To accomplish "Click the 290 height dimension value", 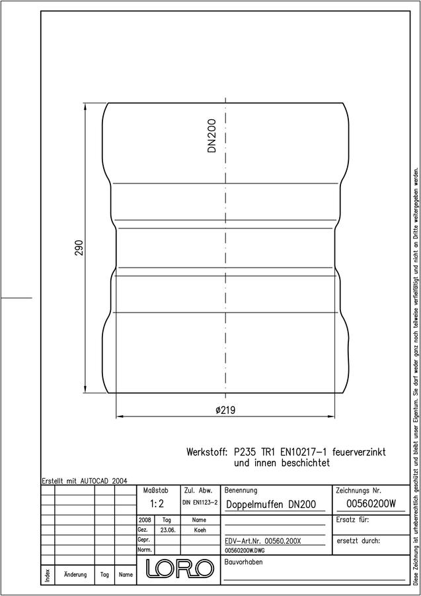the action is pyautogui.click(x=79, y=248).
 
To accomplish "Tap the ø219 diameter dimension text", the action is pyautogui.click(x=225, y=411).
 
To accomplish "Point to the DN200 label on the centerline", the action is pyautogui.click(x=211, y=136).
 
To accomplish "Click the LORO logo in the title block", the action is pyautogui.click(x=178, y=568).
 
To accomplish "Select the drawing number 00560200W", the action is pyautogui.click(x=371, y=504).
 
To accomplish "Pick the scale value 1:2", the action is pyautogui.click(x=157, y=504).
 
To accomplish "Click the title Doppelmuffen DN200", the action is pyautogui.click(x=271, y=505).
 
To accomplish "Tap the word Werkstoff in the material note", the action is pyautogui.click(x=207, y=452).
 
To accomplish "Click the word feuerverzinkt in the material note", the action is pyautogui.click(x=359, y=452).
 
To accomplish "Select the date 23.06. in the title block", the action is pyautogui.click(x=167, y=530).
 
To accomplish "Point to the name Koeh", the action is pyautogui.click(x=200, y=530).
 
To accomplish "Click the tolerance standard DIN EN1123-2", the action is pyautogui.click(x=200, y=503).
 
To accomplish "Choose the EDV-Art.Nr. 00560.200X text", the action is pyautogui.click(x=262, y=541).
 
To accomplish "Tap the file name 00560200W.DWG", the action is pyautogui.click(x=245, y=550).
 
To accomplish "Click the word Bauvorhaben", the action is pyautogui.click(x=243, y=562).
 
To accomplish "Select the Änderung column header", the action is pyautogui.click(x=75, y=574).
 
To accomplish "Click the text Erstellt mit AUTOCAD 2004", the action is pyautogui.click(x=85, y=481).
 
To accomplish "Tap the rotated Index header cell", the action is pyautogui.click(x=48, y=574).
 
